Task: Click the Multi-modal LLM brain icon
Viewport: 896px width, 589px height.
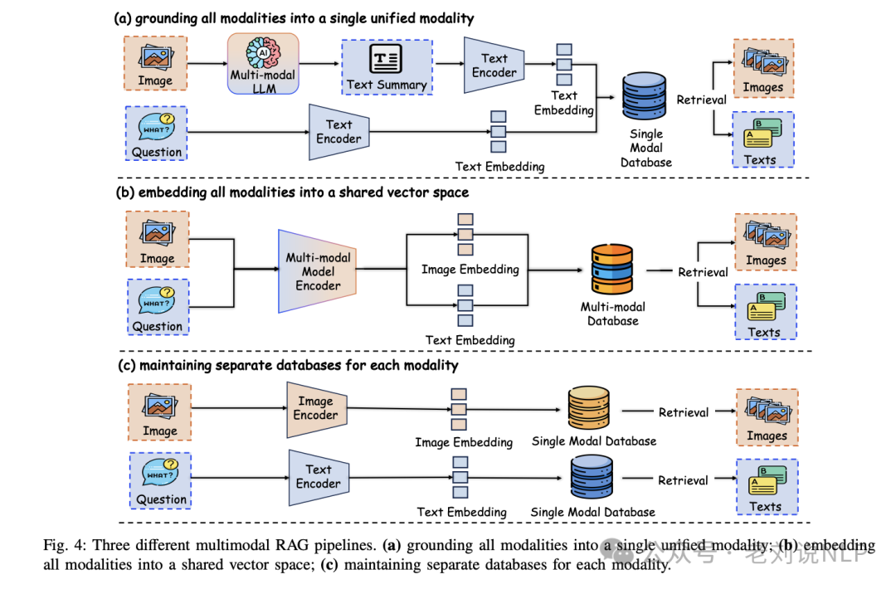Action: pos(263,54)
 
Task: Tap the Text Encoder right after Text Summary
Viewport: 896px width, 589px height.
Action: pos(494,66)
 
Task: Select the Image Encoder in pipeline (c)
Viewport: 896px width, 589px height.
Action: pos(315,408)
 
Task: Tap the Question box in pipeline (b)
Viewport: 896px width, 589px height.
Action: pos(157,307)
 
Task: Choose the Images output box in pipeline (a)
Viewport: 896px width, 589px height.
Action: pos(763,69)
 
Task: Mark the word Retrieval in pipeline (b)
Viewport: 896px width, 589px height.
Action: pos(703,272)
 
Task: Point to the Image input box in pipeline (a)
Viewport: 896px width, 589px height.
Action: pos(156,64)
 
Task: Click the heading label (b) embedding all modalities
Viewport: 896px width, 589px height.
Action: pos(291,192)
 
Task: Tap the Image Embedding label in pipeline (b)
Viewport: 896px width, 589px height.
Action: pos(470,269)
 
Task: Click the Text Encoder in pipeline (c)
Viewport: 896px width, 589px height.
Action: pos(317,477)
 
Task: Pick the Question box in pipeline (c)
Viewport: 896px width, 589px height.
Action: pos(160,480)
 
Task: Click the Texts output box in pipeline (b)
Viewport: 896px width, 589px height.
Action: pos(765,312)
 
